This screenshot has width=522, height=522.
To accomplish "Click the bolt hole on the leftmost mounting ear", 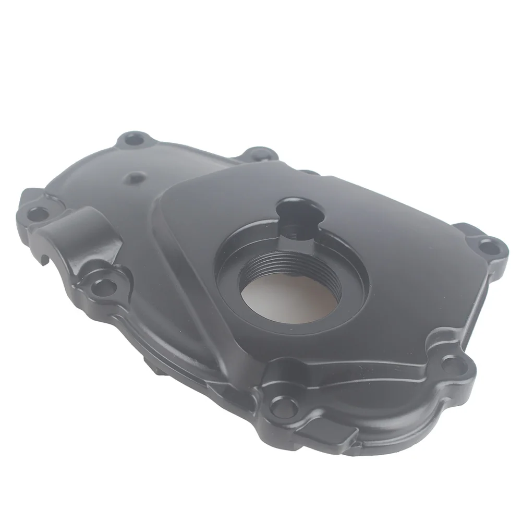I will [36, 213].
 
